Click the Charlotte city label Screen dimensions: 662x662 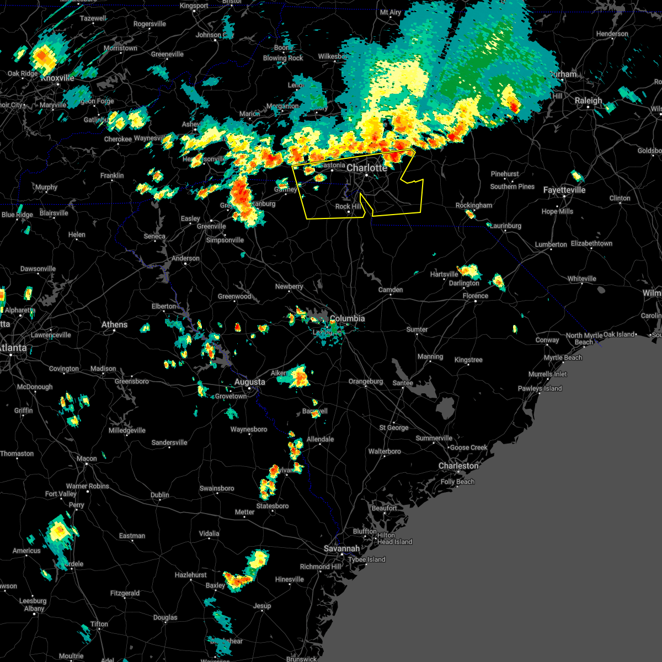pyautogui.click(x=367, y=168)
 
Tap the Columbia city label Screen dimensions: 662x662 pyautogui.click(x=347, y=318)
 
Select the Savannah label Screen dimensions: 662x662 pyautogui.click(x=341, y=548)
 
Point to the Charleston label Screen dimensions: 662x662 pyautogui.click(x=458, y=466)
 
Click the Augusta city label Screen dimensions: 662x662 pyautogui.click(x=249, y=382)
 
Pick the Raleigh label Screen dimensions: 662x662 pyautogui.click(x=588, y=100)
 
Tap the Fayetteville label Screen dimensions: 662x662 pyautogui.click(x=564, y=190)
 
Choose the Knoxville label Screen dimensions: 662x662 pyautogui.click(x=57, y=78)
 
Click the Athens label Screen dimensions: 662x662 pyautogui.click(x=114, y=324)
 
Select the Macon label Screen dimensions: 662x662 pyautogui.click(x=87, y=458)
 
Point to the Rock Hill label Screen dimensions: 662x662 pyautogui.click(x=348, y=206)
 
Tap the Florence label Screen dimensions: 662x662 pyautogui.click(x=475, y=296)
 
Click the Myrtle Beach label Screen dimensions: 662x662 pyautogui.click(x=563, y=357)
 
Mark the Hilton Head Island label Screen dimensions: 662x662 pyautogui.click(x=394, y=538)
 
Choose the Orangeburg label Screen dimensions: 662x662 pyautogui.click(x=365, y=381)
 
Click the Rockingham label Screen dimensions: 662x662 pyautogui.click(x=473, y=205)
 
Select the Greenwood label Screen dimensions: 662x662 pyautogui.click(x=234, y=296)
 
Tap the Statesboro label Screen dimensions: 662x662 pyautogui.click(x=273, y=506)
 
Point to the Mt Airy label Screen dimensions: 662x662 pyautogui.click(x=391, y=12)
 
